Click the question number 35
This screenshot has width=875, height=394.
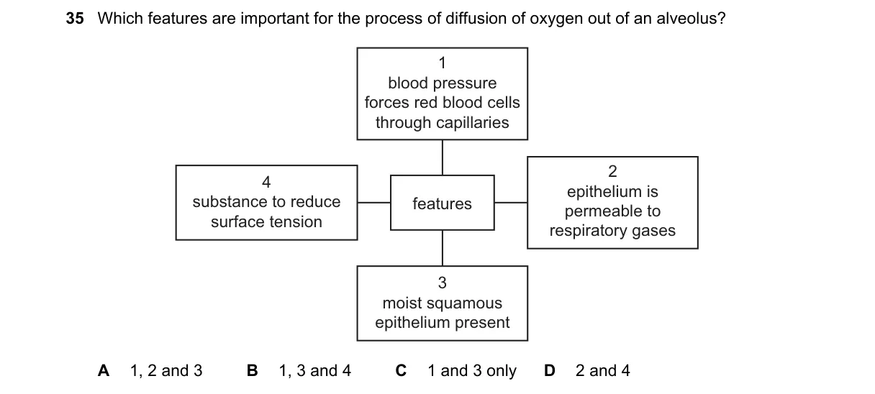click(75, 19)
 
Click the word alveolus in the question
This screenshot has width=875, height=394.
click(691, 19)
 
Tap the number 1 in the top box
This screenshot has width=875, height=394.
click(443, 63)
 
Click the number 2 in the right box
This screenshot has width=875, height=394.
click(612, 171)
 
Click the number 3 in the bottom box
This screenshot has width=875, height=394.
click(443, 283)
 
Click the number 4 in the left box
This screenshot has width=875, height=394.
click(266, 182)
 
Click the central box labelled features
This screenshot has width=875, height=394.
click(443, 203)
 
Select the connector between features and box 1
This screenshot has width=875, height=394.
click(443, 157)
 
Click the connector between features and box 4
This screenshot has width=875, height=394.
click(374, 203)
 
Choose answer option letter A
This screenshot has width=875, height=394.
click(104, 370)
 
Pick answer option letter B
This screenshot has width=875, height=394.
click(253, 370)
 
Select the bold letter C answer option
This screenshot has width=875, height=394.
click(402, 370)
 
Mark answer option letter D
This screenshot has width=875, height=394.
click(550, 370)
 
